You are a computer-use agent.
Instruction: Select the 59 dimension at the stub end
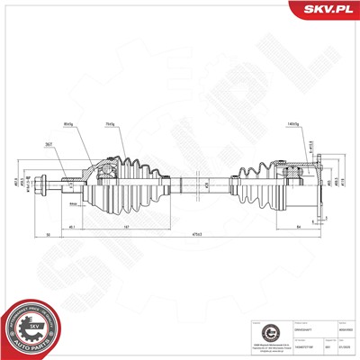pos(47,236)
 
